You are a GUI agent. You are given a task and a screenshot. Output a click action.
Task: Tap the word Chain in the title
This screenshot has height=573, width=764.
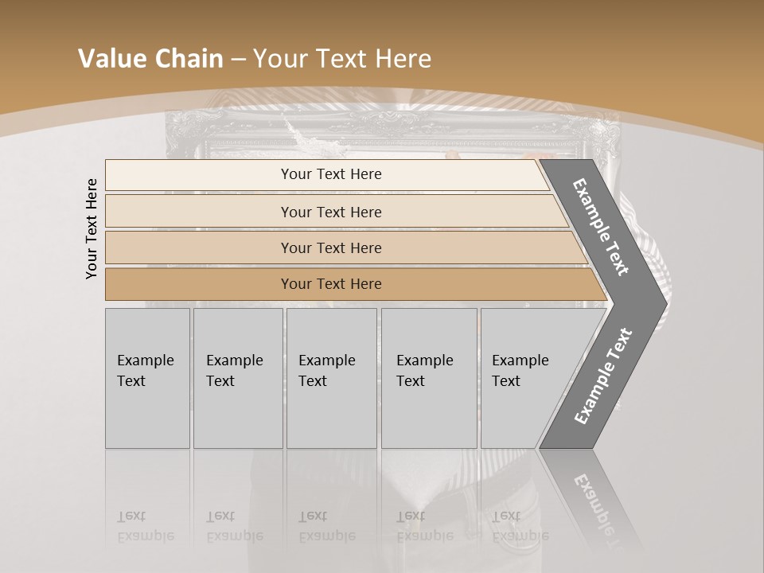(186, 59)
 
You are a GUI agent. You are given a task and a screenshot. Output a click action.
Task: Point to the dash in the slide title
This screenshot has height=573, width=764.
(238, 60)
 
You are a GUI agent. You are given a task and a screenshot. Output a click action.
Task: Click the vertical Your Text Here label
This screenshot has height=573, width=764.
(92, 228)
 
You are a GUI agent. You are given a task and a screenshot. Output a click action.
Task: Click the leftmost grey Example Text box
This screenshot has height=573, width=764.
(147, 378)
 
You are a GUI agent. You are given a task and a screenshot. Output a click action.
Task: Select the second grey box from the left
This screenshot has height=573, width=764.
(238, 378)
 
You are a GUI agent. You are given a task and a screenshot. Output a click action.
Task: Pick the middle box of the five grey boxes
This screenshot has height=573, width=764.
(331, 378)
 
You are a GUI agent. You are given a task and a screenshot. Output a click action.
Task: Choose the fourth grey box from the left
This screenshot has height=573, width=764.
(429, 378)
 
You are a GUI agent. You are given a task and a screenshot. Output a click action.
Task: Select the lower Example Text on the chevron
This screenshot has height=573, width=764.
(603, 376)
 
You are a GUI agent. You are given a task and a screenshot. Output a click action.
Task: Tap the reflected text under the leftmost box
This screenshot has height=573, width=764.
(145, 526)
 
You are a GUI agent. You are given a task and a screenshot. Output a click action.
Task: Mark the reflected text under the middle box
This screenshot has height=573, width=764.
(326, 526)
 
